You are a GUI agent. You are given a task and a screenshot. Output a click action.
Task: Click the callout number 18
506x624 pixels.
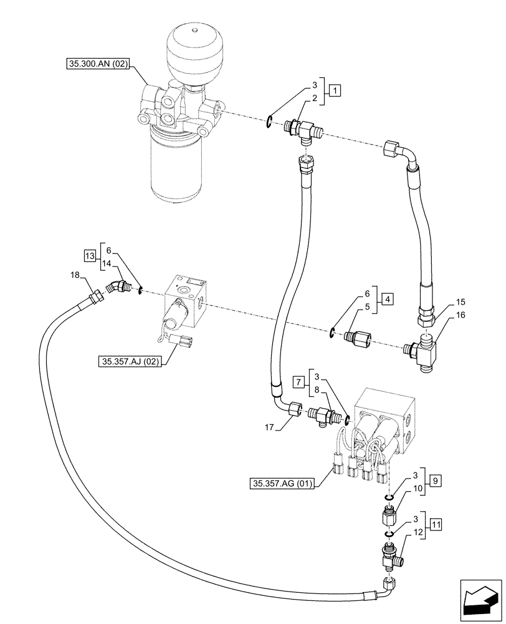coord(75,275)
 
